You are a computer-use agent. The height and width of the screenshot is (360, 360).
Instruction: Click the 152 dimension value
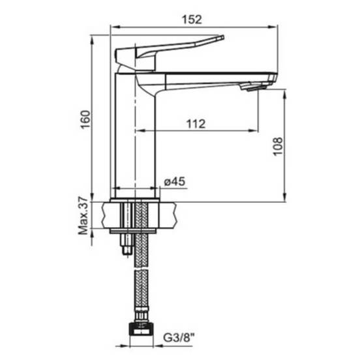click(192, 20)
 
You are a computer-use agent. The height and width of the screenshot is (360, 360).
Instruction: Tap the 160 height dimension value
click(85, 120)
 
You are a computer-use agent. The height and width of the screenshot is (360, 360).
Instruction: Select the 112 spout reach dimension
click(196, 124)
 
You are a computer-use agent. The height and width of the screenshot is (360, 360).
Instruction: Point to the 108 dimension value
click(278, 147)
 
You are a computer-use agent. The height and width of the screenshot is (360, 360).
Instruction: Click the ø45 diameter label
click(175, 181)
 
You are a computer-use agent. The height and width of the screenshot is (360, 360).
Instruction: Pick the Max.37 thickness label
click(83, 216)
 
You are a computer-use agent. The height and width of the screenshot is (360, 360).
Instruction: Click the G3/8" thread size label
click(179, 338)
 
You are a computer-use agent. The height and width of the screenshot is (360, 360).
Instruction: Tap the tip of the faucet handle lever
click(222, 37)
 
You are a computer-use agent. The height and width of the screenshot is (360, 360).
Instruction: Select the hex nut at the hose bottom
click(140, 329)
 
